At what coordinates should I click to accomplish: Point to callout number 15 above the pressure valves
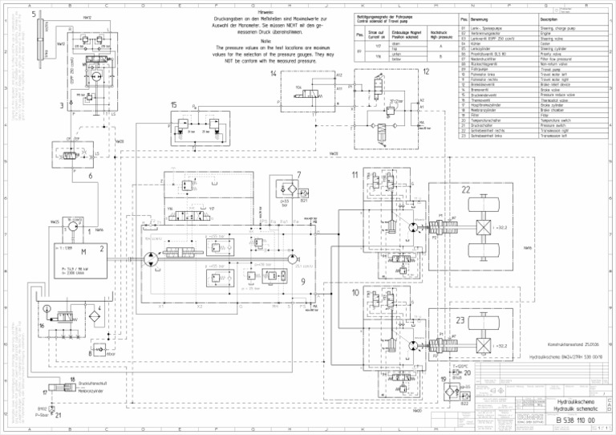(x=174, y=105)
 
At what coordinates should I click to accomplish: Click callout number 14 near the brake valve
(x=274, y=74)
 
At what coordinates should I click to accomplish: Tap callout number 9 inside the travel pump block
(x=302, y=281)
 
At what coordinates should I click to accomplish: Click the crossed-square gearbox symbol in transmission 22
(x=484, y=229)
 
